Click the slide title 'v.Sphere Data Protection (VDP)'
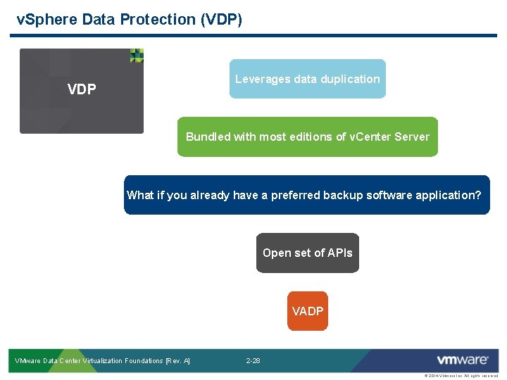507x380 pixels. (129, 20)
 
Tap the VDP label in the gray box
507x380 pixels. (82, 90)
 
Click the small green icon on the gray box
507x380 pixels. (137, 56)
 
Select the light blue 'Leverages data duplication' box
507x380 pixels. (307, 79)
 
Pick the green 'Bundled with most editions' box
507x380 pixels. (307, 137)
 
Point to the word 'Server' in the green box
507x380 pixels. (412, 137)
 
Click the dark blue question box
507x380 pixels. (306, 195)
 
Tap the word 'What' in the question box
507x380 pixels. (140, 195)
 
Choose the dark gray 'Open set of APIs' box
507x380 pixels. (307, 253)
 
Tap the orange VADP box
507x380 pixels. (308, 311)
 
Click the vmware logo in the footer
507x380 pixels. (462, 360)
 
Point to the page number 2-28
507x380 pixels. (253, 361)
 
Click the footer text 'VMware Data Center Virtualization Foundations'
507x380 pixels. (88, 361)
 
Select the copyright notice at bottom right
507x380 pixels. (461, 376)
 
